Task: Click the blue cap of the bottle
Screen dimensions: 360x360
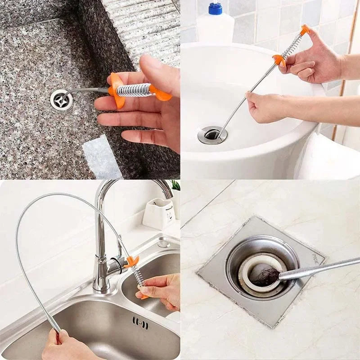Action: click(x=215, y=8)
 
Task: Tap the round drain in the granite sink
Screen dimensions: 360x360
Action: click(x=61, y=99)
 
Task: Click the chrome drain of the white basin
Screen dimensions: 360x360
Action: click(x=212, y=135)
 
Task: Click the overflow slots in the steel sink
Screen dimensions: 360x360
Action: click(x=140, y=322)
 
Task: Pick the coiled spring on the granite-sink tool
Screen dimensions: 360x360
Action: click(x=134, y=90)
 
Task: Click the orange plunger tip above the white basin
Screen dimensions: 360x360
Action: click(x=305, y=30)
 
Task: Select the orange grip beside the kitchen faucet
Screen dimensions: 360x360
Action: click(x=132, y=261)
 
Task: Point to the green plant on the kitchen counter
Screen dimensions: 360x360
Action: click(x=175, y=185)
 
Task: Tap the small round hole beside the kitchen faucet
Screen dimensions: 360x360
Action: click(x=163, y=244)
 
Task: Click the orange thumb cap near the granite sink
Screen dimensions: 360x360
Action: click(x=162, y=94)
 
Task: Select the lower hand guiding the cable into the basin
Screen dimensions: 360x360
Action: click(x=265, y=106)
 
